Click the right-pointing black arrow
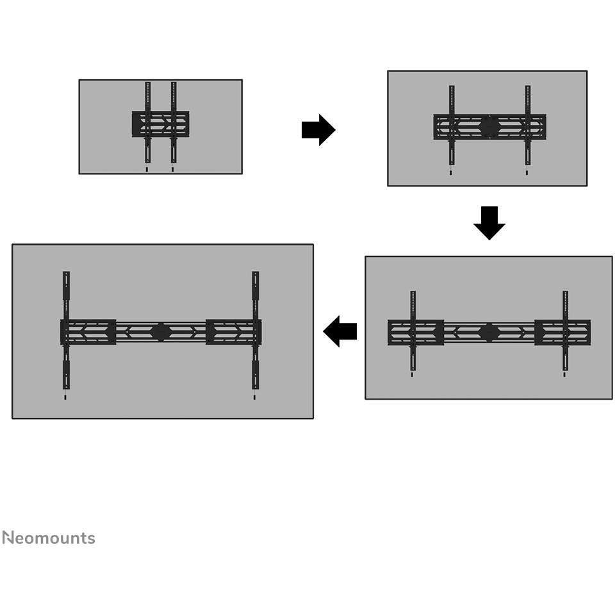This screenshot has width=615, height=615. click(318, 130)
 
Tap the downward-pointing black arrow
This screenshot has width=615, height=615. click(489, 223)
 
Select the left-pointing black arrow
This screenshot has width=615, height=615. click(340, 331)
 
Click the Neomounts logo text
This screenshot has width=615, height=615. click(49, 537)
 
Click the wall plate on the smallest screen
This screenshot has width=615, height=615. click(160, 124)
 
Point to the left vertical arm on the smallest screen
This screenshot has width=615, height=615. click(148, 122)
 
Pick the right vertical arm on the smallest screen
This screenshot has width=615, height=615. click(174, 122)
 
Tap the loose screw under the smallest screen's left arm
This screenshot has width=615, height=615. click(147, 169)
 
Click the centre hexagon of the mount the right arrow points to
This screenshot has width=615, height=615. click(489, 127)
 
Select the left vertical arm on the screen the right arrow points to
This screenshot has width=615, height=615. click(452, 125)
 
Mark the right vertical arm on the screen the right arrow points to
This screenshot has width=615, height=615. click(527, 125)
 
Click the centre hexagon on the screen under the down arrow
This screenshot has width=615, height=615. click(489, 332)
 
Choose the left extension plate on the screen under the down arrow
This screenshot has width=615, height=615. click(416, 332)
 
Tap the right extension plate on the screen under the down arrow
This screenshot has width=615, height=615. click(562, 332)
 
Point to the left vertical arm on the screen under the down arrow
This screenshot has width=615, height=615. click(413, 331)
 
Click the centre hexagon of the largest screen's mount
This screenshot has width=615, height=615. click(161, 332)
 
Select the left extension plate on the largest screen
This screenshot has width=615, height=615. click(88, 332)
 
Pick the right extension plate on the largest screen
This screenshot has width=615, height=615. click(234, 332)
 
